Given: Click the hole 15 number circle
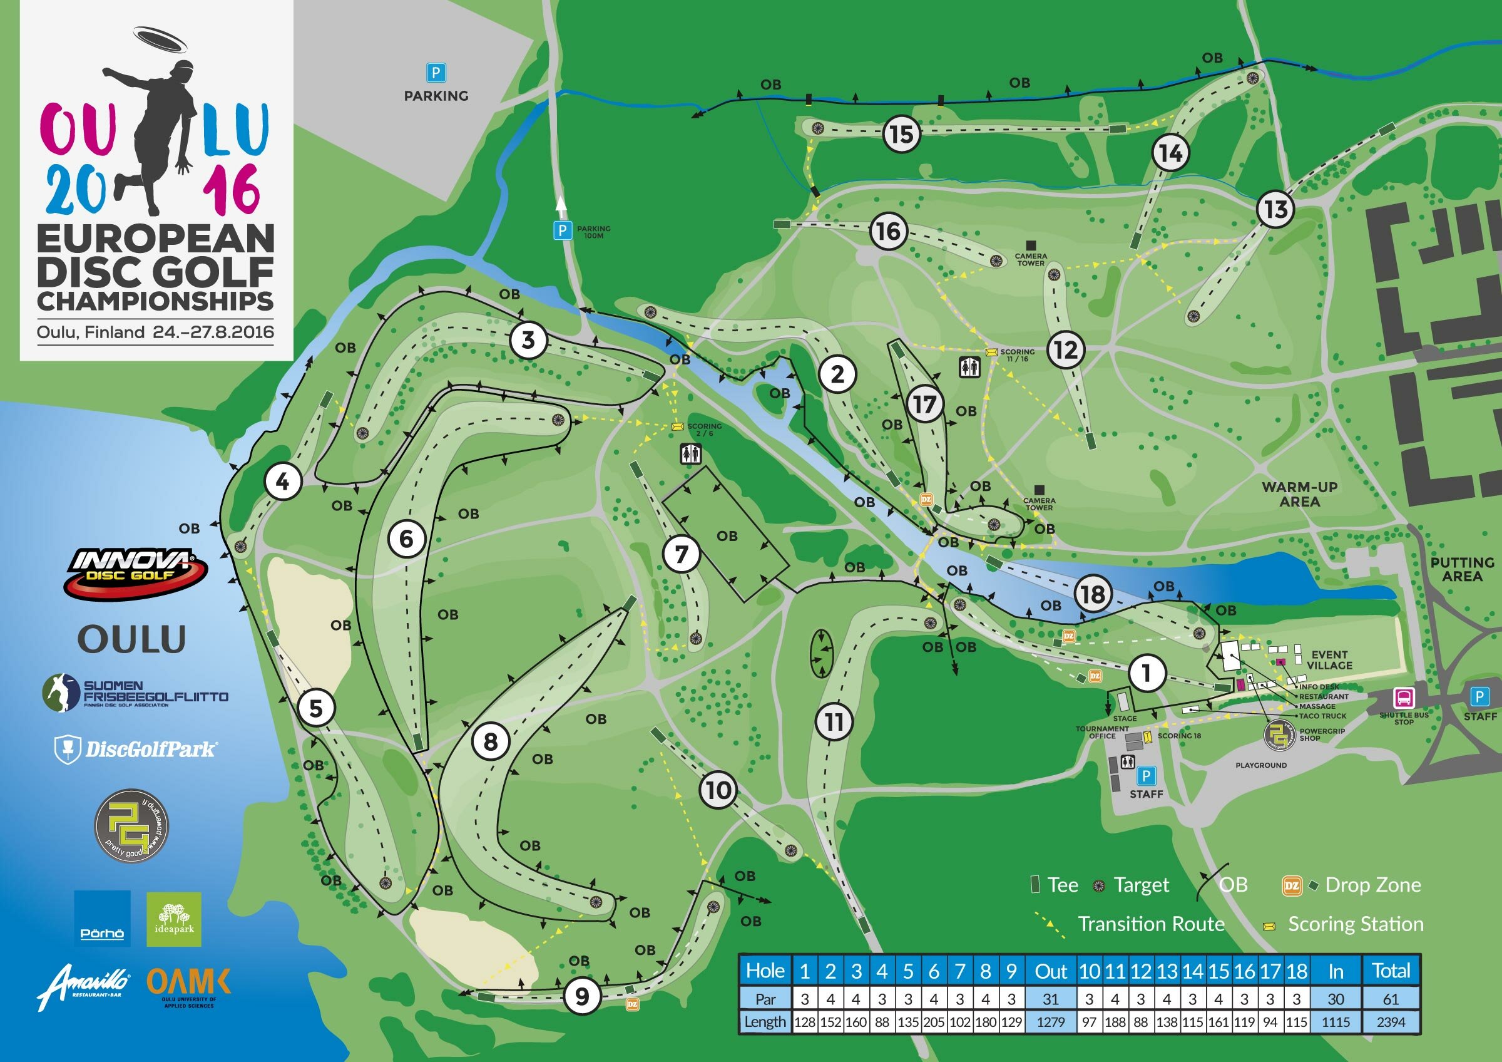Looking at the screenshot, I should (x=901, y=134).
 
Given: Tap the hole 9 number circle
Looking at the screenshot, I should (x=581, y=996).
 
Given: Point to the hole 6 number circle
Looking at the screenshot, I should (x=406, y=539).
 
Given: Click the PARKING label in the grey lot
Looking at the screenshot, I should (x=436, y=96).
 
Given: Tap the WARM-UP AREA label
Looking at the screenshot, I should (x=1299, y=494).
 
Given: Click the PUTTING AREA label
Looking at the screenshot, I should (x=1462, y=569).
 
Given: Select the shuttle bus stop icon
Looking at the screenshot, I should (x=1403, y=698).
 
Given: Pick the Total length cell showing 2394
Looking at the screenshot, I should (x=1390, y=1021).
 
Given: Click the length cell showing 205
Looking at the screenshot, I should (x=934, y=1021).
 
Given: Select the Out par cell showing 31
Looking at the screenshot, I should (x=1051, y=999).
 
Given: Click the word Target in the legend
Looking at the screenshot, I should (x=1141, y=885).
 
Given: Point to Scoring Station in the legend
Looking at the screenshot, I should (x=1356, y=924).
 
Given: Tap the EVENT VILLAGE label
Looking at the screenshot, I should (x=1329, y=659).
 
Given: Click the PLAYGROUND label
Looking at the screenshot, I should (x=1260, y=765).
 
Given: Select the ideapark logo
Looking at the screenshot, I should (x=173, y=919).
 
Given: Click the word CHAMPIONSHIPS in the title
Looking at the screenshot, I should (x=155, y=301).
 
